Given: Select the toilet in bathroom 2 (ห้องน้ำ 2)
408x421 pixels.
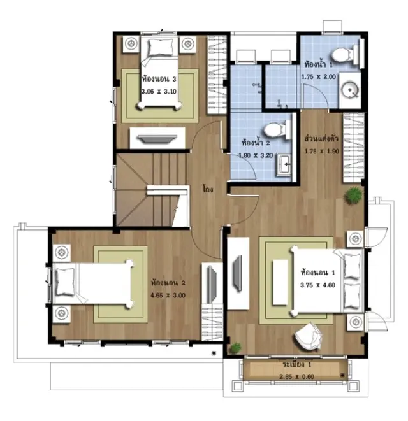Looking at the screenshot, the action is point(277,129).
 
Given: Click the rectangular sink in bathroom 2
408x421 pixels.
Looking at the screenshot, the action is point(284,164).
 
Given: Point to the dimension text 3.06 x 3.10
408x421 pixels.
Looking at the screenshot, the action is point(159,91).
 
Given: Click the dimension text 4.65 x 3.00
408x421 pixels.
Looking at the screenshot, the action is point(168,296).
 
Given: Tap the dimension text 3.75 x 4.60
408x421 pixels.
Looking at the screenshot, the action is point(317,285).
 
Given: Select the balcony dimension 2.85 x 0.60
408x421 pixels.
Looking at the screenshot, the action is point(296,376).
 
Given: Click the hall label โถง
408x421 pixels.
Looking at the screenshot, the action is point(208,189).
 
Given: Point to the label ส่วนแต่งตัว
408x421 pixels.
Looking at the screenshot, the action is point(321,139).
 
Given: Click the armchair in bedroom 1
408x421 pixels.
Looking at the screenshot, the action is point(308,336).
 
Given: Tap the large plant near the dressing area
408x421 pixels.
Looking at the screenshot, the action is point(353,196).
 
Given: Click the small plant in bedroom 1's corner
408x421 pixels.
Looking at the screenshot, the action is point(236,347).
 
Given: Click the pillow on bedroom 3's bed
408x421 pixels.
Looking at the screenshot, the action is point(161,47).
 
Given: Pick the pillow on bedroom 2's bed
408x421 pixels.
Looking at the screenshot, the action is point(65,282).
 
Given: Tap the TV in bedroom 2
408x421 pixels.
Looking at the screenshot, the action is point(212,285).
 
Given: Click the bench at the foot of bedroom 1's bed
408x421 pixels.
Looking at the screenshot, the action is point(280,282).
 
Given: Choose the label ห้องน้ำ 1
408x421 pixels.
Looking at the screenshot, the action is point(318,64).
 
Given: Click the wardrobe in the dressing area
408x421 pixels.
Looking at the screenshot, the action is point(353,148).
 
